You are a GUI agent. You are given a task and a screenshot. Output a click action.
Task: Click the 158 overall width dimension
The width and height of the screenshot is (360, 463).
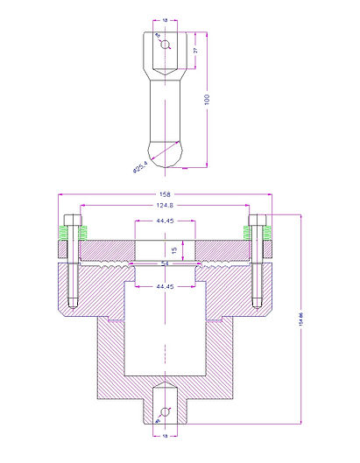coord(164,195)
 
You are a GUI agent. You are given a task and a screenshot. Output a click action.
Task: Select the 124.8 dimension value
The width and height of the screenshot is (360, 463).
coord(164,207)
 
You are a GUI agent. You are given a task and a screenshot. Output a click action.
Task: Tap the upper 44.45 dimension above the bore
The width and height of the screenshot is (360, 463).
coord(164,221)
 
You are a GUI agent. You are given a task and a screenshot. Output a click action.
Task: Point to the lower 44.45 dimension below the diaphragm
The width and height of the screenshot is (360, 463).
coord(164,286)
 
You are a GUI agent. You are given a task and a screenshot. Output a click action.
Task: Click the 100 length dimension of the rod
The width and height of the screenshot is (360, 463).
coord(207,101)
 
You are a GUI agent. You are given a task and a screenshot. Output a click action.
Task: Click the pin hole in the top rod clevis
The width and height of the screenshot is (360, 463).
coord(164,42)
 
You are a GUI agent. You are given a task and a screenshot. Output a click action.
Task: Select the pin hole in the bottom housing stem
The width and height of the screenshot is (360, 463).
coord(164,411)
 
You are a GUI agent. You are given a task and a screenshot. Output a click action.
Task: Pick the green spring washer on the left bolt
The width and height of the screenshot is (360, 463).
coord(63,233)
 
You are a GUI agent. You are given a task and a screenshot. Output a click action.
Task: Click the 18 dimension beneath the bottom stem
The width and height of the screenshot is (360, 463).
coord(165,435)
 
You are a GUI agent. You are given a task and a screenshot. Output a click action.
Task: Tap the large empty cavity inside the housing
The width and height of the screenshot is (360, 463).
coord(164,333)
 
